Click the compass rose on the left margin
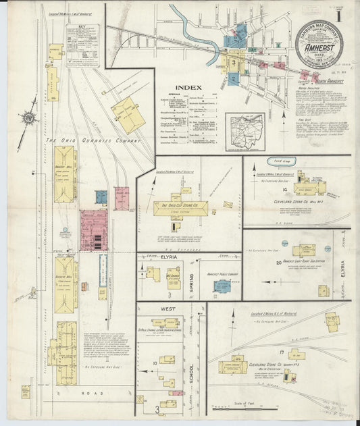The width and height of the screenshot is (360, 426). (x=28, y=119)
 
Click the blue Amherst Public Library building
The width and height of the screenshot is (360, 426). (x=222, y=286)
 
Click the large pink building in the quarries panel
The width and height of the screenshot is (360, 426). (x=94, y=230)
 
